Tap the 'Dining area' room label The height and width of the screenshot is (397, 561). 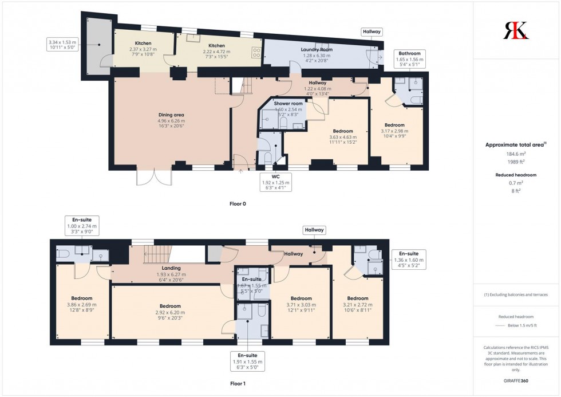[x=171, y=115]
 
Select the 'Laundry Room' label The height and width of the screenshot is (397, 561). [x=317, y=49]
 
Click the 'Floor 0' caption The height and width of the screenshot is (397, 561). [x=236, y=203]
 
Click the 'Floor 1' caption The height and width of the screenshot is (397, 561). [x=236, y=383]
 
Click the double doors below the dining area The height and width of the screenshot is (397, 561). [x=154, y=175]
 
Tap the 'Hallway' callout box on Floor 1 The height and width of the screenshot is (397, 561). [x=314, y=230]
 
